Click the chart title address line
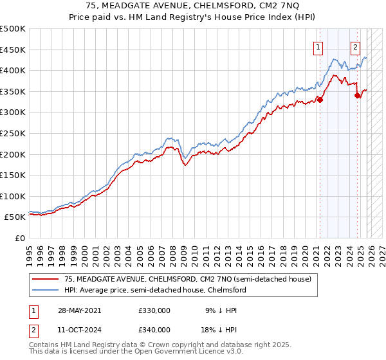tap(192, 6)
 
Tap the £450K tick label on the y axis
tap(13, 50)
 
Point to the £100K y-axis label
tap(13, 196)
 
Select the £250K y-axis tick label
tap(13, 133)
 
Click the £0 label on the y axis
tap(21, 238)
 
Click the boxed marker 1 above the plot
tap(318, 46)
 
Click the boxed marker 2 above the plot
tap(355, 46)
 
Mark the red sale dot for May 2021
tap(320, 99)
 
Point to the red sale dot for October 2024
tap(358, 95)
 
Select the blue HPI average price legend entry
tap(154, 290)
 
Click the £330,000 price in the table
tap(154, 310)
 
